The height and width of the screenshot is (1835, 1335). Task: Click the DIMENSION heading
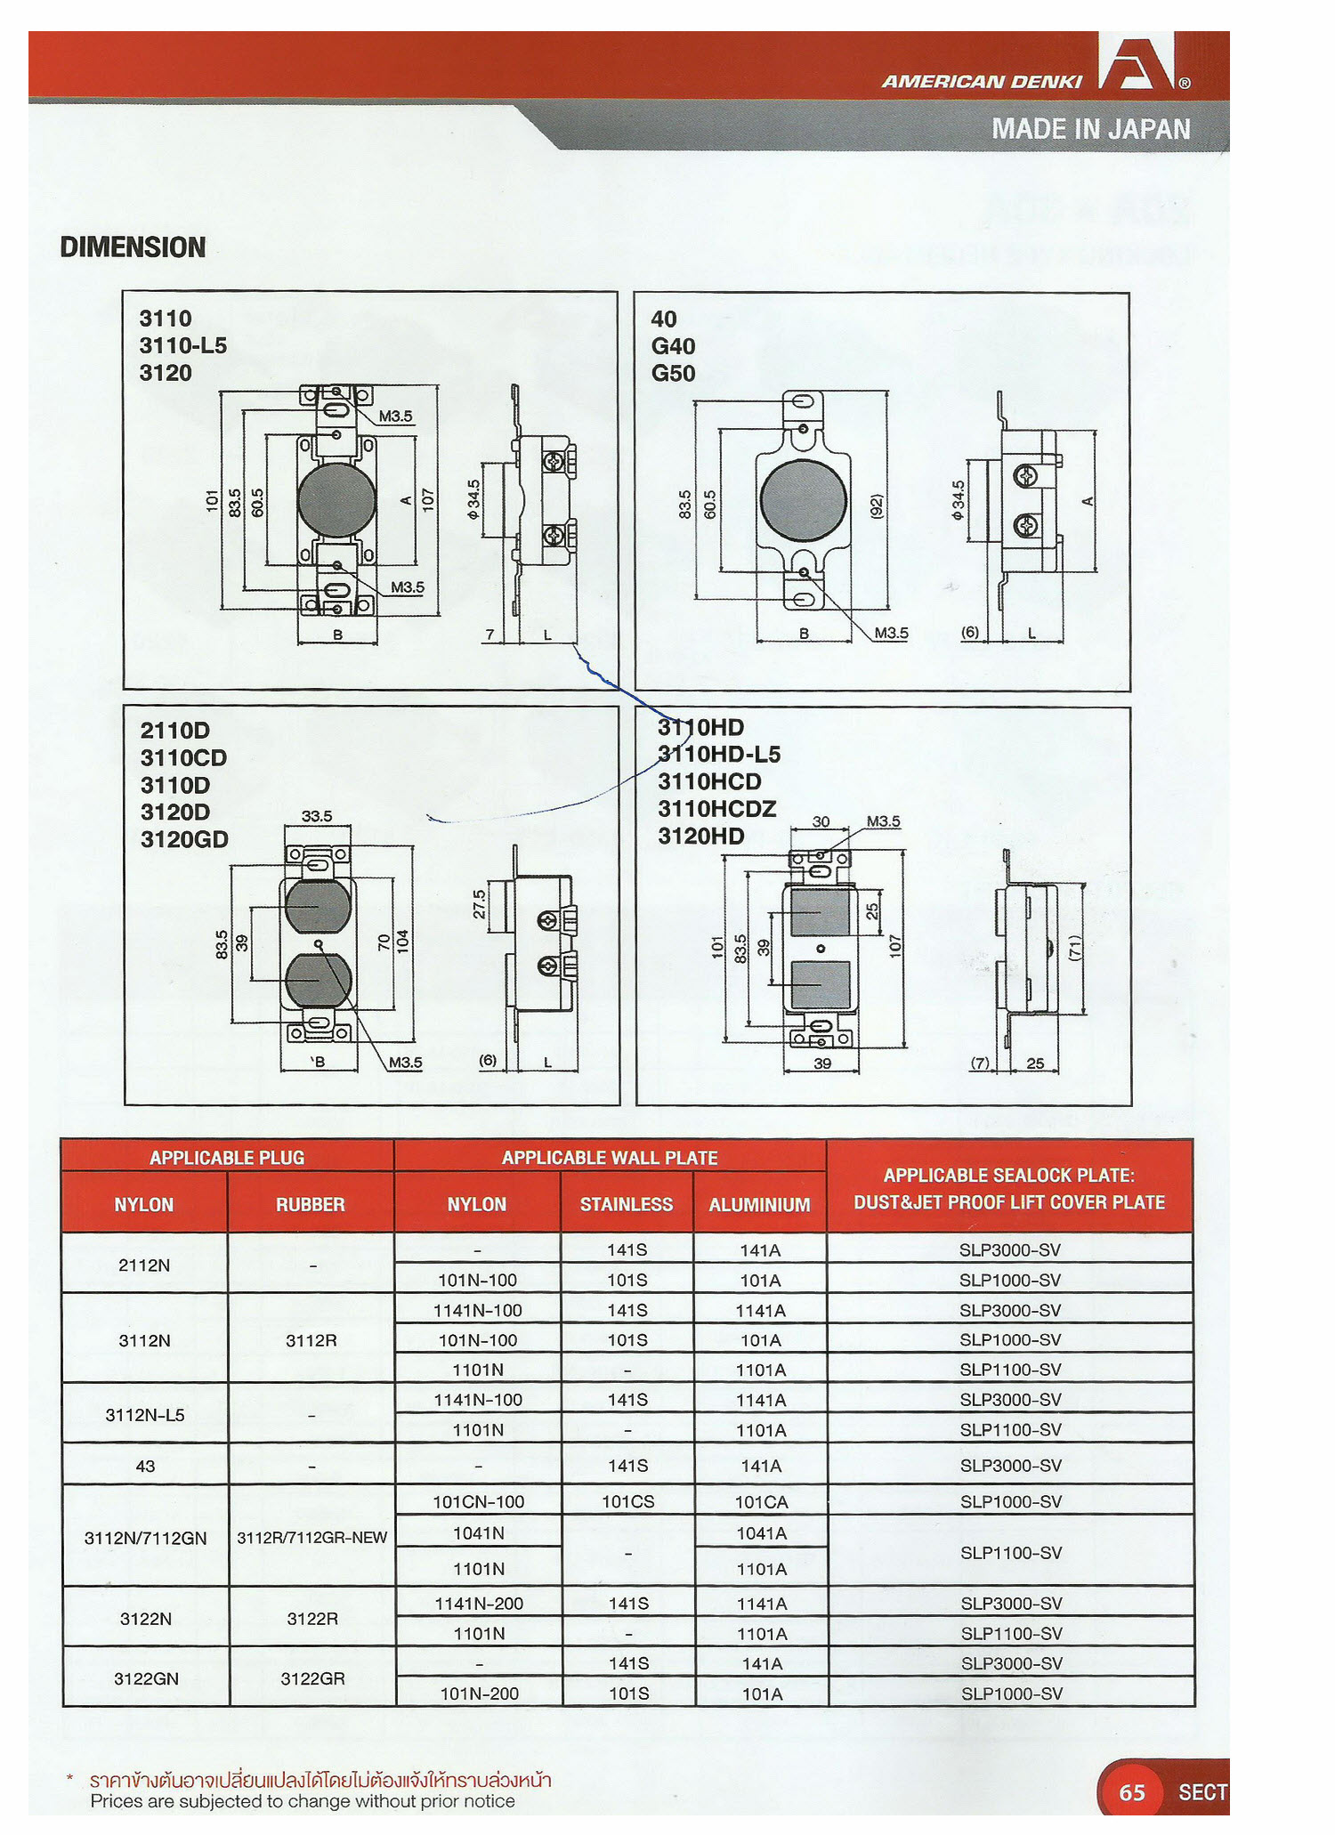[x=133, y=247]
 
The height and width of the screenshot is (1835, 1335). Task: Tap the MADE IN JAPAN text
[x=1090, y=129]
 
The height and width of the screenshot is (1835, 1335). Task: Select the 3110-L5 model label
[x=182, y=345]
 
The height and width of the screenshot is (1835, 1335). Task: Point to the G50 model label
[x=673, y=373]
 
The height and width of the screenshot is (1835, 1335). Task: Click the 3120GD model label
[x=184, y=839]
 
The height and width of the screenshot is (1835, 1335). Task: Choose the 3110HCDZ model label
[x=716, y=809]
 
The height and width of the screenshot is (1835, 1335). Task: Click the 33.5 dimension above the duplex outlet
[x=316, y=816]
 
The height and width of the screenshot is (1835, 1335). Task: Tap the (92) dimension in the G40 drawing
[x=876, y=507]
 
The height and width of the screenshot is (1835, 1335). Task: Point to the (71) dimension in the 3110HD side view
[x=1074, y=947]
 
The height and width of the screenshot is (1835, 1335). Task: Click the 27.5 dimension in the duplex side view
[x=479, y=904]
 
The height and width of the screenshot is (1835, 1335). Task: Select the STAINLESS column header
[x=626, y=1204]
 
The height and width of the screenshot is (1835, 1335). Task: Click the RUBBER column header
[x=310, y=1204]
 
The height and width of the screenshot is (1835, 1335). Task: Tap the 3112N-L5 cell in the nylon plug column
[x=145, y=1415]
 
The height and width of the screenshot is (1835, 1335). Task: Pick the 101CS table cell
[x=627, y=1501]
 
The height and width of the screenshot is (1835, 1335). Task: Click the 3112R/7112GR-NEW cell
[x=311, y=1538]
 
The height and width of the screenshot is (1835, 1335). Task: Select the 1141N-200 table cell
[x=479, y=1604]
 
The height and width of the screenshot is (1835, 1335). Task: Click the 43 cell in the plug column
[x=145, y=1466]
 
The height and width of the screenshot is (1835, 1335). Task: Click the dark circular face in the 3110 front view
[x=336, y=500]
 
